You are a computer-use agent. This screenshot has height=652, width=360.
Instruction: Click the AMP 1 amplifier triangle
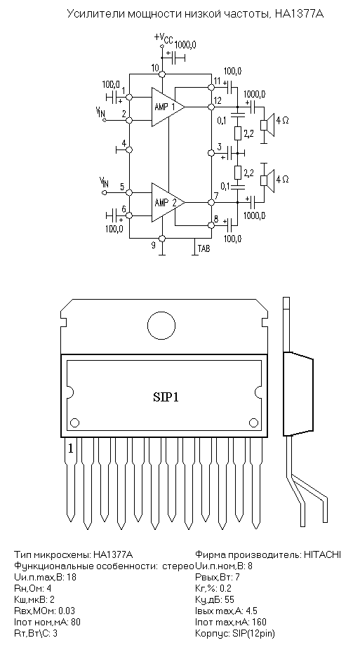[166, 107]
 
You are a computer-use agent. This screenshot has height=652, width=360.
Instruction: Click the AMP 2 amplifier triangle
[166, 203]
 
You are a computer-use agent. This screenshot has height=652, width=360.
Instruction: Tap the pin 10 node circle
[163, 74]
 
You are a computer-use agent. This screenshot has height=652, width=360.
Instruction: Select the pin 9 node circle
[163, 238]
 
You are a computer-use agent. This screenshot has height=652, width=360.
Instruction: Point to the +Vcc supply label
[164, 38]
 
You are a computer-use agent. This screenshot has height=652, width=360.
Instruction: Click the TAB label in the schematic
[204, 248]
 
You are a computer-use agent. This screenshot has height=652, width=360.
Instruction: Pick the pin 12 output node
[211, 107]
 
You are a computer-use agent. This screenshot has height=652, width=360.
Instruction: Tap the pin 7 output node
[211, 203]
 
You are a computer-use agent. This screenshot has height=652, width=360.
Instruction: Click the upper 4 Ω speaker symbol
[267, 125]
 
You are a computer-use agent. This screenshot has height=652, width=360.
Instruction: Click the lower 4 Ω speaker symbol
[267, 180]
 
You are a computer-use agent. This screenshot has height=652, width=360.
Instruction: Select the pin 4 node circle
[129, 149]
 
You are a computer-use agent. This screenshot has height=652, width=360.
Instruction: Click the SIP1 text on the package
[165, 397]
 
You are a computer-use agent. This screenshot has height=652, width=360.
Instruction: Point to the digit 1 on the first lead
[71, 448]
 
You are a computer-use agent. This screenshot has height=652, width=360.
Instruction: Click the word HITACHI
[322, 554]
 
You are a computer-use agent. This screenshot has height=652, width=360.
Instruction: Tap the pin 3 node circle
[211, 153]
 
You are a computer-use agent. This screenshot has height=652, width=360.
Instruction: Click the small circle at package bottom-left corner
[75, 423]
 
